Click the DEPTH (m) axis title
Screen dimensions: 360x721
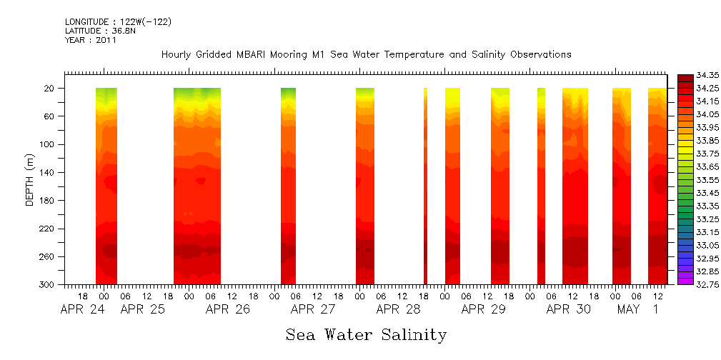30,179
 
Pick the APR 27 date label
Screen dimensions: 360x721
313,309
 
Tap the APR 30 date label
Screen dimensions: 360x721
569,309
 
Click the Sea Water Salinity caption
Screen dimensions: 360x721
366,334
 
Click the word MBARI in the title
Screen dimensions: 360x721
255,54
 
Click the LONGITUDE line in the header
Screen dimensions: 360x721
118,22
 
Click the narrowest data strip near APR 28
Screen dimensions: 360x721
425,186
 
